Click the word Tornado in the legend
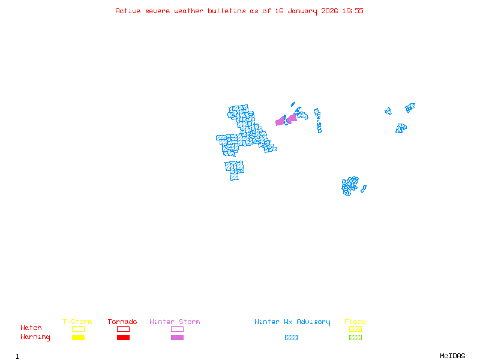click(122, 322)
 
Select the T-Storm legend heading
click(77, 322)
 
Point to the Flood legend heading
click(355, 322)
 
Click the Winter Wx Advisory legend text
click(292, 322)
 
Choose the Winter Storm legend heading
click(175, 322)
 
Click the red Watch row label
click(31, 328)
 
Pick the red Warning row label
click(35, 337)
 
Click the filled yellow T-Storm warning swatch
click(78, 338)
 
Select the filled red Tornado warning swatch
click(123, 338)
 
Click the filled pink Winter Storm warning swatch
click(177, 338)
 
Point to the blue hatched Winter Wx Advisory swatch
click(291, 338)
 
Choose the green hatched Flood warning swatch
click(355, 338)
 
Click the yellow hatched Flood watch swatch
click(355, 329)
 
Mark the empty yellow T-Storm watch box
click(78, 329)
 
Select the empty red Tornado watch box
click(123, 329)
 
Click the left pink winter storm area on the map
click(280, 121)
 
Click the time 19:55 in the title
click(354, 11)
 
